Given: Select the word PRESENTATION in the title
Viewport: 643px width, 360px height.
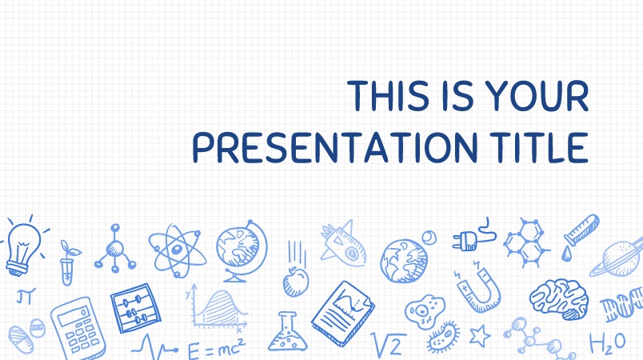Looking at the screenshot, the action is [x=335, y=147].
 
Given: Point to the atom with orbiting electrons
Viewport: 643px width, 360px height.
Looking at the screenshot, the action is [x=178, y=250].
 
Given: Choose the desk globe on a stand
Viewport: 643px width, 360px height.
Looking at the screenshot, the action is [x=242, y=251].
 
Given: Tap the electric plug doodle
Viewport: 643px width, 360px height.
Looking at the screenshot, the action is [x=474, y=235].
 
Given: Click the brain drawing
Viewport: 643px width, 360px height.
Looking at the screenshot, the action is [x=559, y=299].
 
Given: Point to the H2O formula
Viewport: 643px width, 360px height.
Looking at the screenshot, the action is [x=608, y=342].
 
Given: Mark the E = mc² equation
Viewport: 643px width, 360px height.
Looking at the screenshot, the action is [x=216, y=349].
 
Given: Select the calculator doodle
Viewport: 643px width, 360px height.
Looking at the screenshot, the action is [x=78, y=329].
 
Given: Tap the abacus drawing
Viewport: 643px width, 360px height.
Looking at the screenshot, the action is [x=135, y=308].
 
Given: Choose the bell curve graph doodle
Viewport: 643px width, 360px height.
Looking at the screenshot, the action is [x=216, y=307].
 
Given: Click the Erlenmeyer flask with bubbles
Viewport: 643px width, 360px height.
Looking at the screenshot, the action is [x=288, y=332].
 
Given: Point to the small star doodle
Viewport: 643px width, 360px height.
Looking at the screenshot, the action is [x=479, y=335].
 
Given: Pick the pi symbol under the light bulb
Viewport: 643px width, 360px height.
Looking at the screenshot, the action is [x=26, y=296].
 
